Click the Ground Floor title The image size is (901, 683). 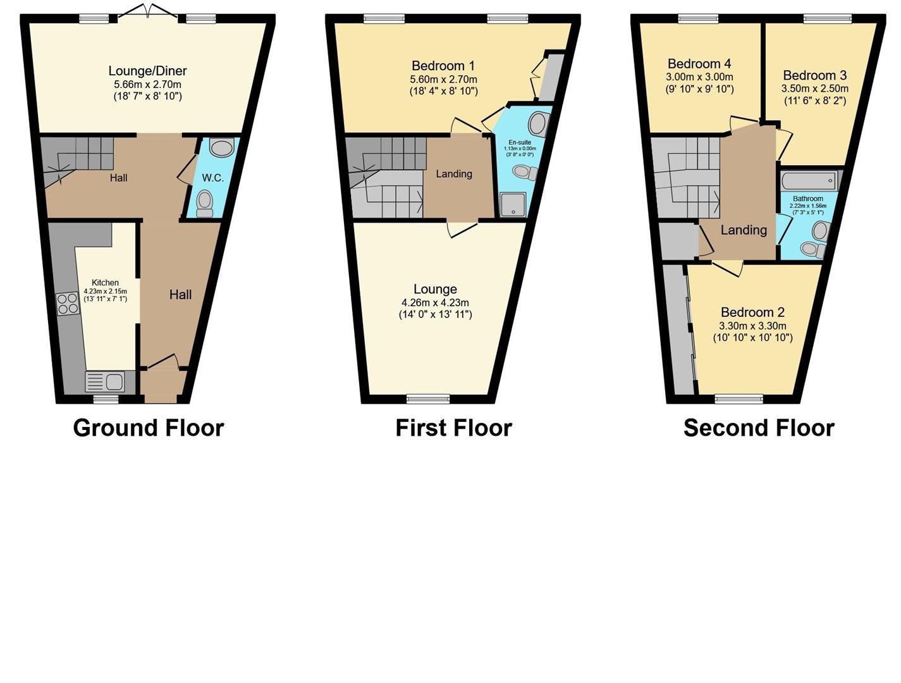pyautogui.click(x=149, y=428)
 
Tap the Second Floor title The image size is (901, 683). pyautogui.click(x=759, y=428)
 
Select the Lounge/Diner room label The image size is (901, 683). pyautogui.click(x=147, y=71)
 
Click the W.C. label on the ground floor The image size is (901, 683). pyautogui.click(x=212, y=178)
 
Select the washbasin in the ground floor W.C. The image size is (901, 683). pyautogui.click(x=221, y=149)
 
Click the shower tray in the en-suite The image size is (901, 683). pyautogui.click(x=513, y=205)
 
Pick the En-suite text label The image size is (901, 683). pyautogui.click(x=520, y=143)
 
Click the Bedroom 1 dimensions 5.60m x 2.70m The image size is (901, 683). pyautogui.click(x=443, y=79)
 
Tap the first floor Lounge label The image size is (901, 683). pyautogui.click(x=435, y=289)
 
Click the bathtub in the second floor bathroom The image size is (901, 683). pyautogui.click(x=809, y=182)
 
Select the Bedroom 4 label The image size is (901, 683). pyautogui.click(x=699, y=63)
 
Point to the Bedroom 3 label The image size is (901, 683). pyautogui.click(x=814, y=75)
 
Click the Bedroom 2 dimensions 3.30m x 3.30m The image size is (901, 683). pyautogui.click(x=752, y=326)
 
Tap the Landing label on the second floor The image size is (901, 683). pyautogui.click(x=744, y=230)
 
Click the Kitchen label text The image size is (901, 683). pyautogui.click(x=105, y=283)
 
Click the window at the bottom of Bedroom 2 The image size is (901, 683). pyautogui.click(x=739, y=398)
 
